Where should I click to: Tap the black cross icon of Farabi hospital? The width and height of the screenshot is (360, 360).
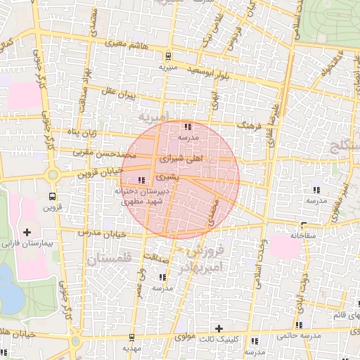point(27,232)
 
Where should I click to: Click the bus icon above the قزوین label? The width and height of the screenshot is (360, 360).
point(53,196)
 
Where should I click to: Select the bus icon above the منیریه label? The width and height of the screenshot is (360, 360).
point(167,57)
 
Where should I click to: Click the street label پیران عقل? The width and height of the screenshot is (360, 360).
point(117,92)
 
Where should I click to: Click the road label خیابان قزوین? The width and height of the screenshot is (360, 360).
point(100,171)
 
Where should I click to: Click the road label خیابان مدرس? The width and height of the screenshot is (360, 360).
point(101,233)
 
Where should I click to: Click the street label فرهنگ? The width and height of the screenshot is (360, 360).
point(249,124)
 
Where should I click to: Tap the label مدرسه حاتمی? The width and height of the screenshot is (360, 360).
point(311,337)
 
